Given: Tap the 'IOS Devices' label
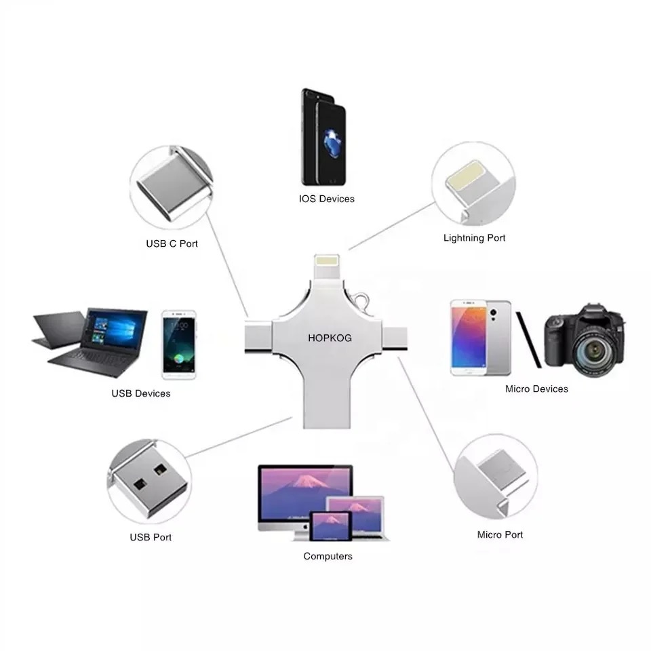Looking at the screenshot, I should pyautogui.click(x=326, y=199).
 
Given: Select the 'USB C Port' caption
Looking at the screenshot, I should pyautogui.click(x=172, y=243).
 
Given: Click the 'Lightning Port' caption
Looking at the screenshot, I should pyautogui.click(x=474, y=238).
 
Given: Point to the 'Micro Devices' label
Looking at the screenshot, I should pyautogui.click(x=536, y=389).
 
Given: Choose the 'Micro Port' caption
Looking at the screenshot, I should pyautogui.click(x=500, y=534).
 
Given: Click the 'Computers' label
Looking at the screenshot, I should pyautogui.click(x=328, y=556).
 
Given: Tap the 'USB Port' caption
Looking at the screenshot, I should pyautogui.click(x=151, y=537).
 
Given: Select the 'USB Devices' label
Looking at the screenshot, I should pyautogui.click(x=141, y=393).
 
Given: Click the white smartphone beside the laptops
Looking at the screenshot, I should pyautogui.click(x=178, y=344).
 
